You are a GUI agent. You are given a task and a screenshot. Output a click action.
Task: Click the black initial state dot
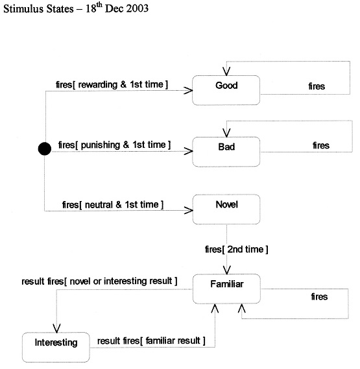45,149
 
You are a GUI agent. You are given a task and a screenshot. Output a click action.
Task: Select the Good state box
226,90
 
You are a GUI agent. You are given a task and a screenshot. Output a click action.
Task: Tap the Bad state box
226,152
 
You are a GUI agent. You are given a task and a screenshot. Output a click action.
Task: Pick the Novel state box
226,209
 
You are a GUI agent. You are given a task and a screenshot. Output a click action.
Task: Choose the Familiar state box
227,289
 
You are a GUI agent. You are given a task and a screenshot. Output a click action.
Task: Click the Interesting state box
56,347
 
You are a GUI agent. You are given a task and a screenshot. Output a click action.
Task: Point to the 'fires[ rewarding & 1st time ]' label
112,84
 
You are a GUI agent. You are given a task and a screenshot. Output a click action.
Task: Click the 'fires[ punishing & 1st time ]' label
114,145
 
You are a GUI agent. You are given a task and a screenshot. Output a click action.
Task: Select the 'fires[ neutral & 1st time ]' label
113,204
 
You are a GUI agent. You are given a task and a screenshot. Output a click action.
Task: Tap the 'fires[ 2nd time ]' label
236,249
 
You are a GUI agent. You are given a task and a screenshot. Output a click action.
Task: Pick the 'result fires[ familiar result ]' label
151,340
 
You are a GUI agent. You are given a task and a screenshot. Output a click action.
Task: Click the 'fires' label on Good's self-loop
317,86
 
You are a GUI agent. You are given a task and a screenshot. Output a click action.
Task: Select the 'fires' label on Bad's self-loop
321,145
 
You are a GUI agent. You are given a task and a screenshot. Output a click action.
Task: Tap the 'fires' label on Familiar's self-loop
319,297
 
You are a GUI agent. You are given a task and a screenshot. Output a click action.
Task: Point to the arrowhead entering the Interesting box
56,328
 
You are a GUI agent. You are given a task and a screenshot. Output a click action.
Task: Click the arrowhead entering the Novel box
188,210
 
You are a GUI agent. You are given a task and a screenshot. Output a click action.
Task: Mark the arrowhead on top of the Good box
226,71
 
